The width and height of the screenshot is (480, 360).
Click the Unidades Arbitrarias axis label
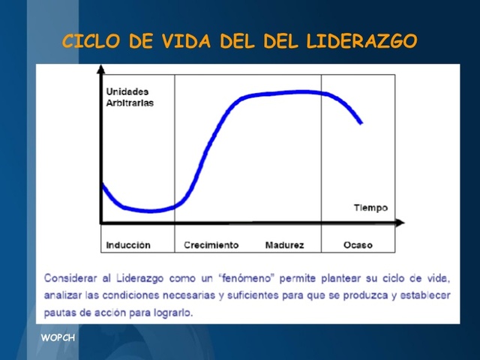(x=129, y=97)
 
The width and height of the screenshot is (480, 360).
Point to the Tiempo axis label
(x=370, y=208)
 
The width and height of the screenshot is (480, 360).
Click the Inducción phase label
(x=128, y=245)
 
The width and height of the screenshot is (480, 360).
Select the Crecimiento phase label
(x=211, y=245)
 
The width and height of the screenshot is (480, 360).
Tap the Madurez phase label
(x=284, y=245)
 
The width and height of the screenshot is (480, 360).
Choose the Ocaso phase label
(x=358, y=245)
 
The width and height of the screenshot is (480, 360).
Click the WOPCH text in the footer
(x=58, y=337)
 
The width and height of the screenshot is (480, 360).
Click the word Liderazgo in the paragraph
(x=137, y=278)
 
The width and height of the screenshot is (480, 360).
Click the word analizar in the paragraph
(x=63, y=295)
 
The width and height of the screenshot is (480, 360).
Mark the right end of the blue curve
(x=362, y=123)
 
